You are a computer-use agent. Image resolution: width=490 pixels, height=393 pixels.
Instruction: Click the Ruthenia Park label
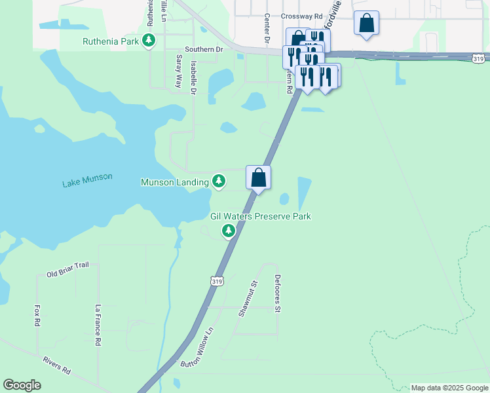111,41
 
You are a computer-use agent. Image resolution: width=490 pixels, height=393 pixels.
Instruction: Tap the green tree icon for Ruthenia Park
149,41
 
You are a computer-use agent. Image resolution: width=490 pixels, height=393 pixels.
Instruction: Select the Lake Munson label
87,180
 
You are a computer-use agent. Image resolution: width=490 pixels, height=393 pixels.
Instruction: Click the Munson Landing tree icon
219,181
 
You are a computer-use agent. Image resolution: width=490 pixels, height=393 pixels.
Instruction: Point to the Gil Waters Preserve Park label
260,216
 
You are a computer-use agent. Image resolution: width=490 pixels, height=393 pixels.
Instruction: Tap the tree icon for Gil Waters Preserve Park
229,230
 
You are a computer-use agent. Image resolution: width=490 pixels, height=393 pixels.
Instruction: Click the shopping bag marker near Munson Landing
259,177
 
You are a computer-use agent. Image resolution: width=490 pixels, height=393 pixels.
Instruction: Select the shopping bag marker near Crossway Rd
366,23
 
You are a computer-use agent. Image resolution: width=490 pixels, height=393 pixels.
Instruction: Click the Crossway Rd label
301,16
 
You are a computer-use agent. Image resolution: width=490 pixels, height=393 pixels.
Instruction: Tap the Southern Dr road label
204,49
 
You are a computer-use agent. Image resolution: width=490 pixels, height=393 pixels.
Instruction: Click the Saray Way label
178,71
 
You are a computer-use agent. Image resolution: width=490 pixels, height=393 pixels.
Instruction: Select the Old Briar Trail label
67,269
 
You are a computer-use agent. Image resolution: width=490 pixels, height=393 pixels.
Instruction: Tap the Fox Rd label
37,315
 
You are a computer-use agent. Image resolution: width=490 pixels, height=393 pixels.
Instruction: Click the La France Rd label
98,325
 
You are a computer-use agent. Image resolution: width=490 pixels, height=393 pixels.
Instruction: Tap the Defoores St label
277,293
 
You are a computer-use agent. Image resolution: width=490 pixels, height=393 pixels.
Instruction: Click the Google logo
22,385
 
